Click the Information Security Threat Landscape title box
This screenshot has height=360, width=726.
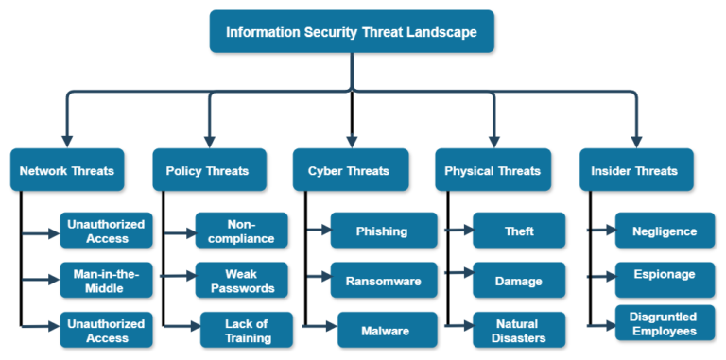(x=351, y=31)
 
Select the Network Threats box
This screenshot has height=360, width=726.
(x=67, y=171)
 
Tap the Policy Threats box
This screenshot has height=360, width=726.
(x=208, y=171)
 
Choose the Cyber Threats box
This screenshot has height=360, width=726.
(x=351, y=171)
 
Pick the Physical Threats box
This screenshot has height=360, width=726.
(x=493, y=171)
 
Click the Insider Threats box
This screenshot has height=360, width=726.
(x=634, y=171)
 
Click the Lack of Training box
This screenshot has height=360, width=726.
(x=247, y=330)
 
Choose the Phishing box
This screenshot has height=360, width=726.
(x=383, y=231)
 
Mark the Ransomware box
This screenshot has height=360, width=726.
(x=383, y=280)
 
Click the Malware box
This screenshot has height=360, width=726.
(x=387, y=330)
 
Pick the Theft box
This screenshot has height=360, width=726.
(x=519, y=231)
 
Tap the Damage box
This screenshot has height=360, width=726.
(x=519, y=280)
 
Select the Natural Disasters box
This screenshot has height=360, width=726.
(x=519, y=330)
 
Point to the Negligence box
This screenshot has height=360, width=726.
(x=665, y=231)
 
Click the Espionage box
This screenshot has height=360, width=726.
(x=665, y=275)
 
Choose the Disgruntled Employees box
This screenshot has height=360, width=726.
(x=665, y=322)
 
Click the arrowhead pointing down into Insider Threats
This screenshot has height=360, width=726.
(x=634, y=140)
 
